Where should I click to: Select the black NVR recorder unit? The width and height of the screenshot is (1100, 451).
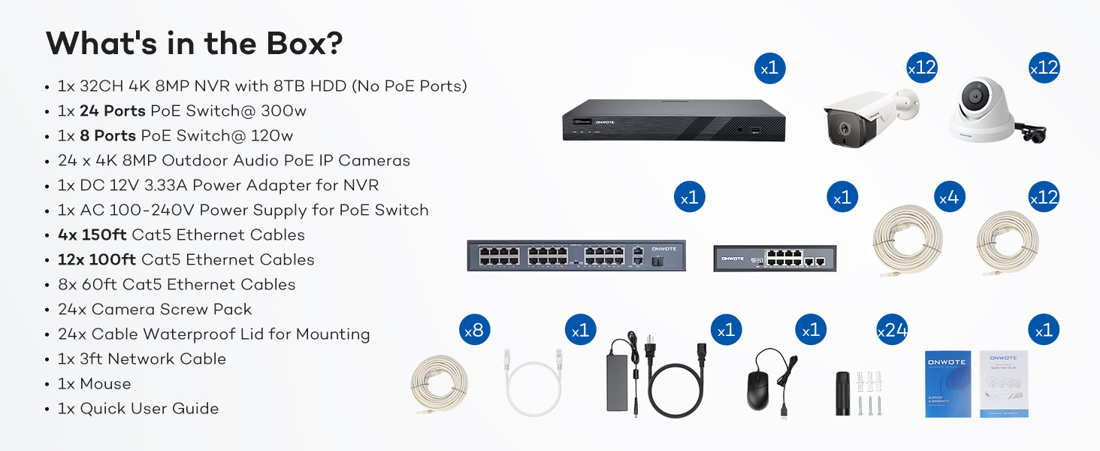coord(673,120)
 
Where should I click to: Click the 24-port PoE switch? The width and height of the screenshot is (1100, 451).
coord(576,256)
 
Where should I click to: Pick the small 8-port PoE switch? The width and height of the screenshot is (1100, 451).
coord(774,259)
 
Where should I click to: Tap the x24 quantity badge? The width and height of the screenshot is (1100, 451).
coord(892,330)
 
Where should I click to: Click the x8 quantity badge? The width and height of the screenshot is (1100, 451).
coord(475,330)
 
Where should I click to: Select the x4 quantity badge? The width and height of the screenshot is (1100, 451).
coord(950,198)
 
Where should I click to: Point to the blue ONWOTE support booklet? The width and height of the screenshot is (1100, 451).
coord(948,383)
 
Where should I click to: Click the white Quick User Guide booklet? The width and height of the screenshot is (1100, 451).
coord(1004,383)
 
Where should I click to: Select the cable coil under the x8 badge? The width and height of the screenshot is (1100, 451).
coord(440,383)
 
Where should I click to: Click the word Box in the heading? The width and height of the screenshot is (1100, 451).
coord(297,44)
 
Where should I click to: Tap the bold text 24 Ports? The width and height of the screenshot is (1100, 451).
coord(113,111)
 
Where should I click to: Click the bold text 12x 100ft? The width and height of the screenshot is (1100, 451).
coord(97,260)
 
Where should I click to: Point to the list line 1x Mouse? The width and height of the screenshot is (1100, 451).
coord(95,384)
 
